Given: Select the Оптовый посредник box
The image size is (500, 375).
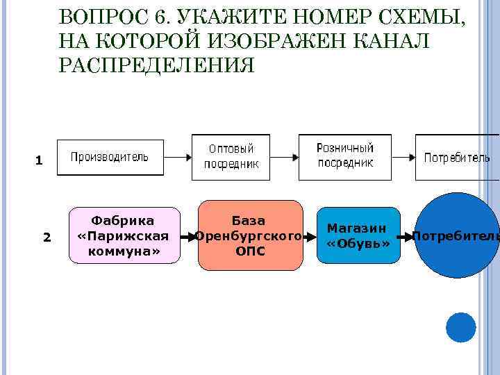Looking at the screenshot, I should click(231, 157).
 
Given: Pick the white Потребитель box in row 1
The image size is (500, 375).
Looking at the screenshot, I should click(457, 157).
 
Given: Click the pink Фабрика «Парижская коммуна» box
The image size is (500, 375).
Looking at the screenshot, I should click(124, 236).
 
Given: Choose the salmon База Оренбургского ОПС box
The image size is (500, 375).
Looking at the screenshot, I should click(251, 235).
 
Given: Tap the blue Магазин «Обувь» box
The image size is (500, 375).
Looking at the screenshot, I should click(358, 235).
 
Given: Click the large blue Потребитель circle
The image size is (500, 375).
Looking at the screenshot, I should click(456, 235).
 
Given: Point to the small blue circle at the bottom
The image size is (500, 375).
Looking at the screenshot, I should click(461, 327).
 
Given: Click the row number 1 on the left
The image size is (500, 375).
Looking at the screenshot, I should click(39, 161).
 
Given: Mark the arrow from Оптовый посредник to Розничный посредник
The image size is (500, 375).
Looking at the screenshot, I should click(285, 157).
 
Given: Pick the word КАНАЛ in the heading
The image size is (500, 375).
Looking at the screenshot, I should click(392, 41).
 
